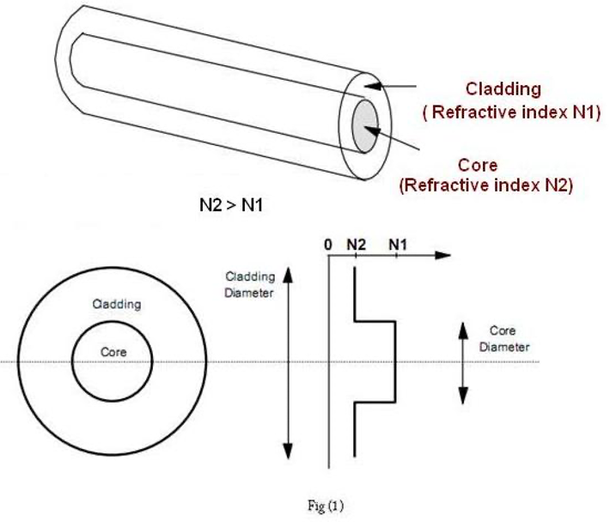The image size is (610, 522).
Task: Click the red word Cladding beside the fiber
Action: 503,89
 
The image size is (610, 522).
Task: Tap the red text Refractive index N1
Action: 514,112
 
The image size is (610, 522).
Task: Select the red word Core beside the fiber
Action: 478,165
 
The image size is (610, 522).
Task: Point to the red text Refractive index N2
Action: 486,185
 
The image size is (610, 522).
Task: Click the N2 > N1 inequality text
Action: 231,205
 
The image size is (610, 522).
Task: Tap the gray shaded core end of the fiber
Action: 365,126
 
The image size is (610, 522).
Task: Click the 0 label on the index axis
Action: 328,245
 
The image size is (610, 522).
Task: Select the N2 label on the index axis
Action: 357,245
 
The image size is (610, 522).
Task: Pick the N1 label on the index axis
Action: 398,245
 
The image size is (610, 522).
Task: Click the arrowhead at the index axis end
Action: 442,255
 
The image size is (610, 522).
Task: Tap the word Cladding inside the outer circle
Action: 117,304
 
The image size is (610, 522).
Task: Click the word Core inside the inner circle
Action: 113,352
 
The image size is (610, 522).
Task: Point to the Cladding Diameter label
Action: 250,284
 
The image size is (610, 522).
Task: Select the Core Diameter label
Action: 503,338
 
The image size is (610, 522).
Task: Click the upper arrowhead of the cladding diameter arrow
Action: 288,275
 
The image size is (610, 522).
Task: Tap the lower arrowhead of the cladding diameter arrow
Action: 288,451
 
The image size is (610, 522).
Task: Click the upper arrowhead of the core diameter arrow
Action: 463,331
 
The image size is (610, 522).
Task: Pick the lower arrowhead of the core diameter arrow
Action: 463,396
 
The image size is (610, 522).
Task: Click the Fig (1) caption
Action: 326,506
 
